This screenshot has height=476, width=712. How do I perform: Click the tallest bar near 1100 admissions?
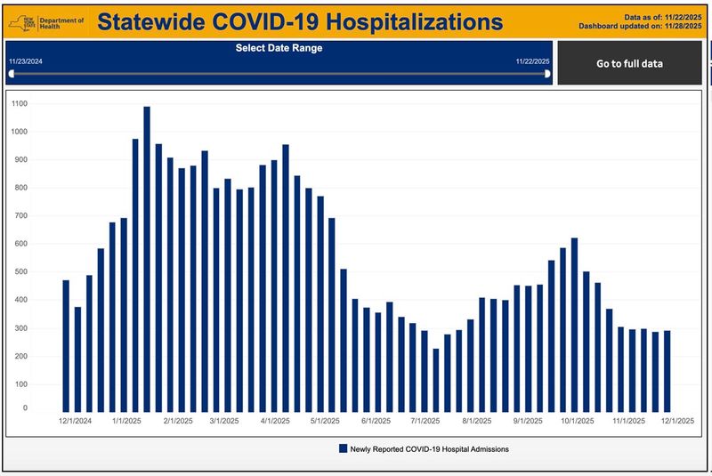tap(147, 258)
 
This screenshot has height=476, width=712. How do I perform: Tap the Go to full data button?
tap(629, 63)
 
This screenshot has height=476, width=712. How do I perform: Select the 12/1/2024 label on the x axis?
tap(76, 422)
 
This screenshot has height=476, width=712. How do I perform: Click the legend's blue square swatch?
tap(343, 449)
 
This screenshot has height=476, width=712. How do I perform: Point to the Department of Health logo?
tap(44, 21)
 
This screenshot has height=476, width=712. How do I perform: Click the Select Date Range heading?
tap(279, 48)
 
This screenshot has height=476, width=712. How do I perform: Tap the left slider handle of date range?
tap(11, 74)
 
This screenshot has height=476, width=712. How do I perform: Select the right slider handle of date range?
tap(547, 74)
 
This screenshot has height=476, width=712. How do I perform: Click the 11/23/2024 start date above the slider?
tap(26, 61)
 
